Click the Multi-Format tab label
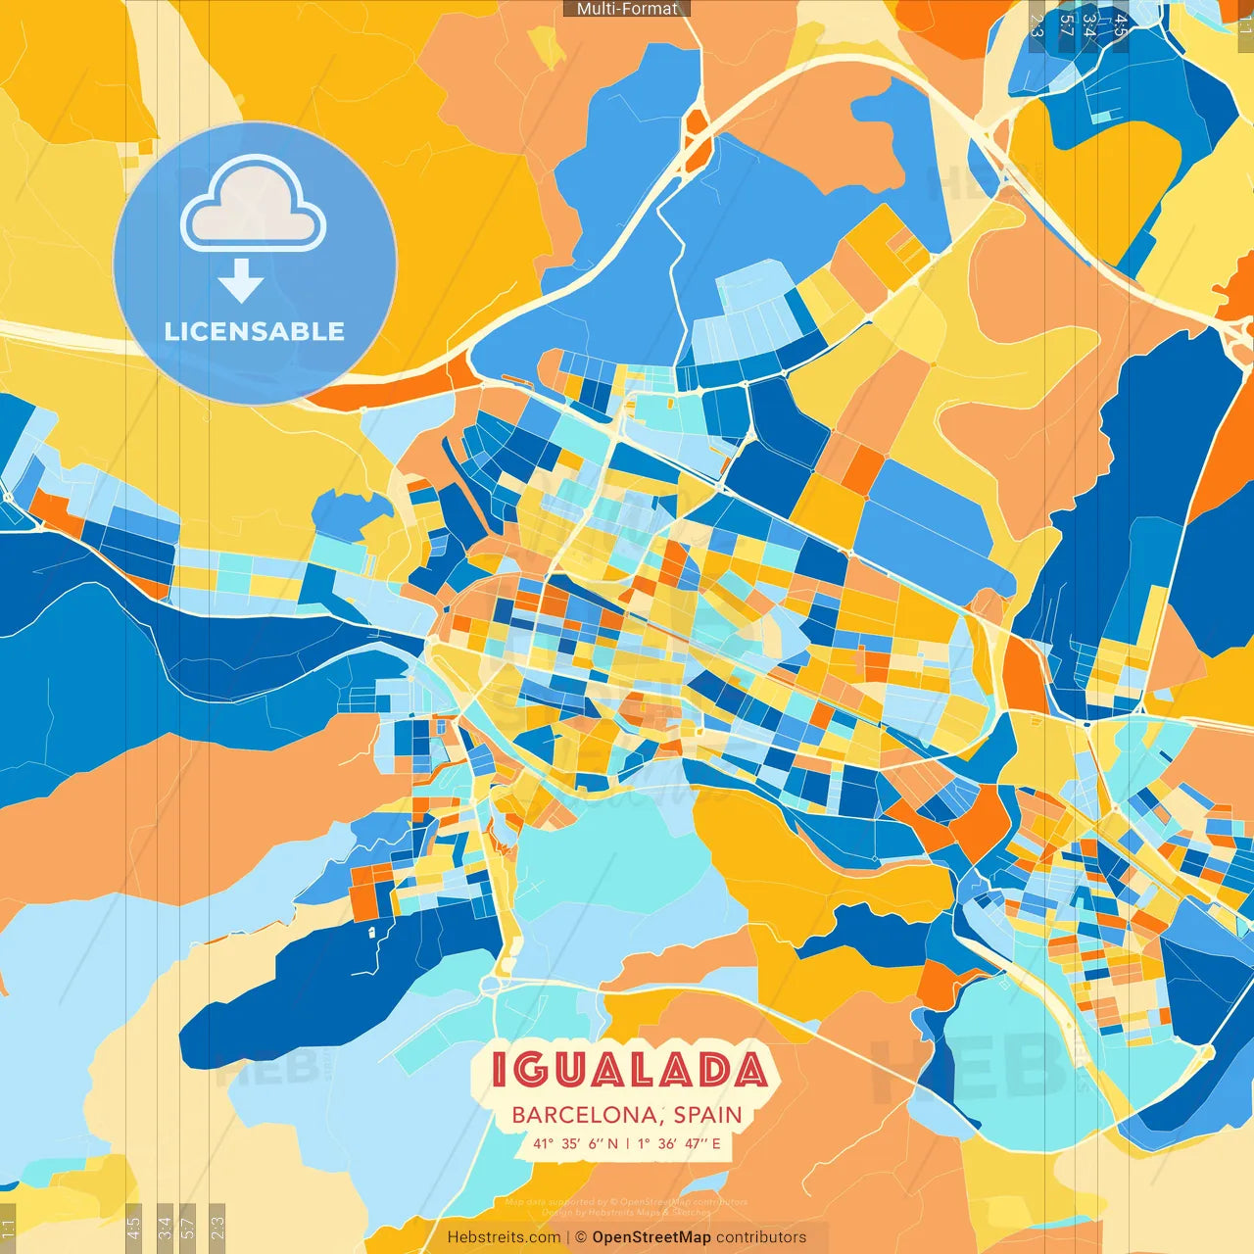pyautogui.click(x=627, y=9)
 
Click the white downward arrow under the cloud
pyautogui.click(x=241, y=281)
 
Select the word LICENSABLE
pyautogui.click(x=255, y=331)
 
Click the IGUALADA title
pyautogui.click(x=628, y=1070)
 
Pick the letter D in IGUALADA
pyautogui.click(x=708, y=1070)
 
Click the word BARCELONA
pyautogui.click(x=585, y=1115)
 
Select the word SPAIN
pyautogui.click(x=707, y=1115)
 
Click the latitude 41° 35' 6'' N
pyautogui.click(x=575, y=1143)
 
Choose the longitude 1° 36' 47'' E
pyautogui.click(x=679, y=1143)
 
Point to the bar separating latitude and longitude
pyautogui.click(x=627, y=1143)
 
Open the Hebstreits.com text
pyautogui.click(x=504, y=1237)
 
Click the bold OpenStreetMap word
pyautogui.click(x=651, y=1237)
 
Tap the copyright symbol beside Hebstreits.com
pyautogui.click(x=580, y=1237)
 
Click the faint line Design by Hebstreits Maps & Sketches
pyautogui.click(x=627, y=1213)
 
